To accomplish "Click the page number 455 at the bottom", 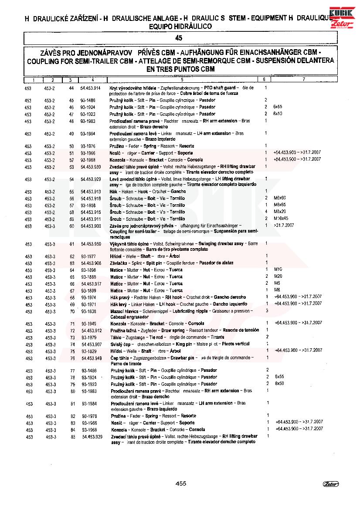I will pyautogui.click(x=180, y=483).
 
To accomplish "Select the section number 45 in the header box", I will pyautogui.click(x=178, y=38).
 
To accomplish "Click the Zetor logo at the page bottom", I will pyautogui.click(x=331, y=484).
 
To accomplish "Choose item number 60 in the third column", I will pyautogui.click(x=71, y=226).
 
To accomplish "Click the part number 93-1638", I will pyautogui.click(x=88, y=312).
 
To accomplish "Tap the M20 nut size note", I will pyautogui.click(x=278, y=277).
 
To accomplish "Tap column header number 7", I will pyautogui.click(x=303, y=80).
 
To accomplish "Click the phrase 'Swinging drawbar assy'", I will pyautogui.click(x=221, y=244).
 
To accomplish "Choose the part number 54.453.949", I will pyautogui.click(x=92, y=358).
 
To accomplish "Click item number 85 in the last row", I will pyautogui.click(x=73, y=437).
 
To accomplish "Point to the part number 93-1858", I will pyautogui.click(x=88, y=205).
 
